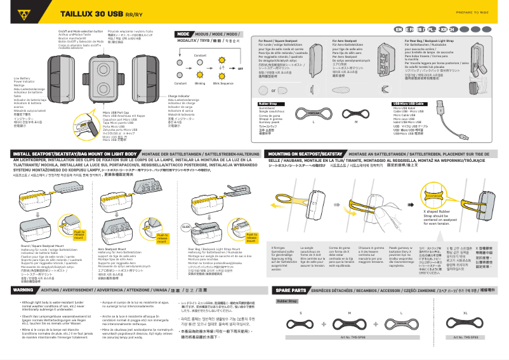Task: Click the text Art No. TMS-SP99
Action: click(x=466, y=354)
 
